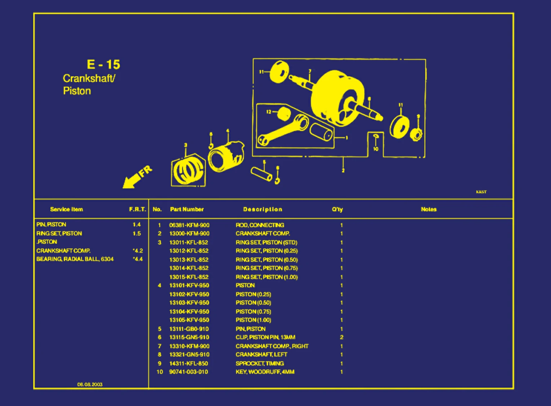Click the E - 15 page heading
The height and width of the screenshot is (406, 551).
(x=103, y=64)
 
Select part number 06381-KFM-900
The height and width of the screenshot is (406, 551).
(x=189, y=225)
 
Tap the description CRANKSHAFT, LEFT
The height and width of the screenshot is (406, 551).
(x=261, y=354)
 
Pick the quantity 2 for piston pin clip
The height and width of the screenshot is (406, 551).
(x=341, y=338)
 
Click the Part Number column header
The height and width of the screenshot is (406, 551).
(x=187, y=209)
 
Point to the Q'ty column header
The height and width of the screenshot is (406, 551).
(x=338, y=209)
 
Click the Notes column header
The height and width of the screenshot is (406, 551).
(x=428, y=209)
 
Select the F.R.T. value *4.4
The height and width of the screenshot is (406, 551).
(x=138, y=259)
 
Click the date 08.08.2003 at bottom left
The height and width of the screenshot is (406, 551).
(x=90, y=384)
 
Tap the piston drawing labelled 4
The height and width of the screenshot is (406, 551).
(x=226, y=157)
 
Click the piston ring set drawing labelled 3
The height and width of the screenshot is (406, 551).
(x=188, y=170)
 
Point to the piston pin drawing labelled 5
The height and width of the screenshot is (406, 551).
(x=262, y=174)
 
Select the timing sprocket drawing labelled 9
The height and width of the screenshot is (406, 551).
(x=416, y=135)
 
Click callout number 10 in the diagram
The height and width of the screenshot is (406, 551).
(x=376, y=149)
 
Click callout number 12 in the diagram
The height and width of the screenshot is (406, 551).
(x=269, y=112)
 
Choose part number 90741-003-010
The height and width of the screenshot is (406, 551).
(x=189, y=372)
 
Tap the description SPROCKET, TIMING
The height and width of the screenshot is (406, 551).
(x=260, y=363)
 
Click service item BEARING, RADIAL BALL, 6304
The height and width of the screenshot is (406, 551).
(x=75, y=259)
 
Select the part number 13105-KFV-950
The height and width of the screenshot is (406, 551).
(x=189, y=320)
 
